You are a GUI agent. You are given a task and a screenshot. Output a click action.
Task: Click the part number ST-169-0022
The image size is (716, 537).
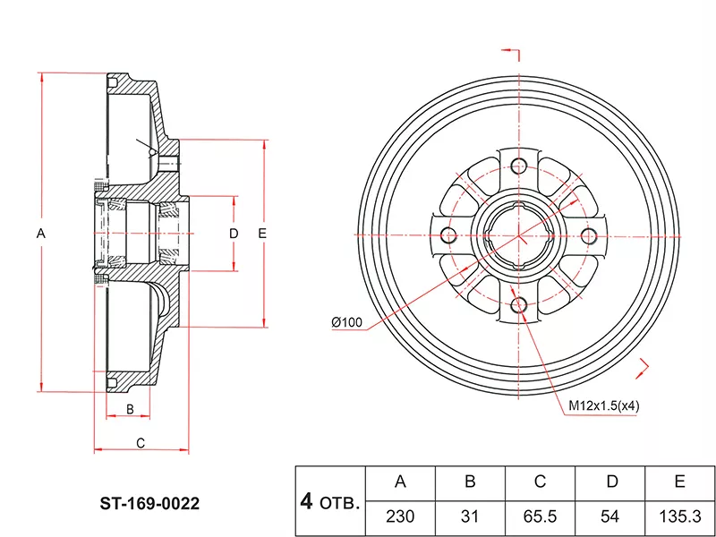click(x=149, y=504)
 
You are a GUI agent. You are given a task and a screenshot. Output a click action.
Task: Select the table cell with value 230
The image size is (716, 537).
click(x=400, y=516)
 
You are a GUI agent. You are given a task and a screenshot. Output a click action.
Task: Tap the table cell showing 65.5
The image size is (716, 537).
click(x=540, y=516)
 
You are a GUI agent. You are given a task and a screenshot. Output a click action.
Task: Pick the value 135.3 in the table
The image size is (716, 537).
click(x=679, y=516)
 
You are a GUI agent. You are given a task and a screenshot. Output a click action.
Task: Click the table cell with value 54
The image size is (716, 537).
click(x=610, y=516)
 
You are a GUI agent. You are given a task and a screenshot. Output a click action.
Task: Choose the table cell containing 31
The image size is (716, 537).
click(x=470, y=516)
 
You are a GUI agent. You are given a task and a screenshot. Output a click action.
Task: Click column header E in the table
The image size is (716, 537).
click(x=679, y=482)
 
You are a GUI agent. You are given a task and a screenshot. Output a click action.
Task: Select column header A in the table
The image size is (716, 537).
click(x=400, y=482)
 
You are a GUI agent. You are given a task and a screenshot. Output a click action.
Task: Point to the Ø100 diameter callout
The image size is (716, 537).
click(x=345, y=322)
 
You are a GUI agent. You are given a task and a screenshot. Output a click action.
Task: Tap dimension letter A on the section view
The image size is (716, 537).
click(x=40, y=234)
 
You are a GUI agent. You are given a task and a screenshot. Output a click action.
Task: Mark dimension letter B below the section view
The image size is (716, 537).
click(x=130, y=409)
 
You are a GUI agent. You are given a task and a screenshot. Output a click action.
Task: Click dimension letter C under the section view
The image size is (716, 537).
click(x=141, y=442)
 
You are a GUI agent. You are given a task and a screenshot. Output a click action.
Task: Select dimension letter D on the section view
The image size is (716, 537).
click(x=234, y=234)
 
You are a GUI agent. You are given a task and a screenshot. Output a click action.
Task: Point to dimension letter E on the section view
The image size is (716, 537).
click(x=262, y=234)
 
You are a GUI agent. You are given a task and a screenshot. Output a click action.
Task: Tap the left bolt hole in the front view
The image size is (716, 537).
click(x=447, y=235)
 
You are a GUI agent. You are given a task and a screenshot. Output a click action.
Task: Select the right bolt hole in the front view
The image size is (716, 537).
click(x=589, y=234)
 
